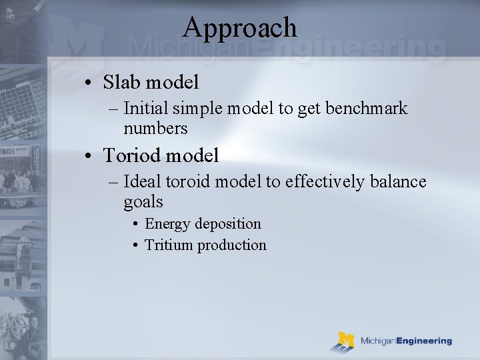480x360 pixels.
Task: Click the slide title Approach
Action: click(239, 27)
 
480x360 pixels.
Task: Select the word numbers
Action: click(155, 128)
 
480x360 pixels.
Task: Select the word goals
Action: click(143, 201)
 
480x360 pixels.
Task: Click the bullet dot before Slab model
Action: click(89, 83)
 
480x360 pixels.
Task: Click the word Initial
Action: click(143, 109)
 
